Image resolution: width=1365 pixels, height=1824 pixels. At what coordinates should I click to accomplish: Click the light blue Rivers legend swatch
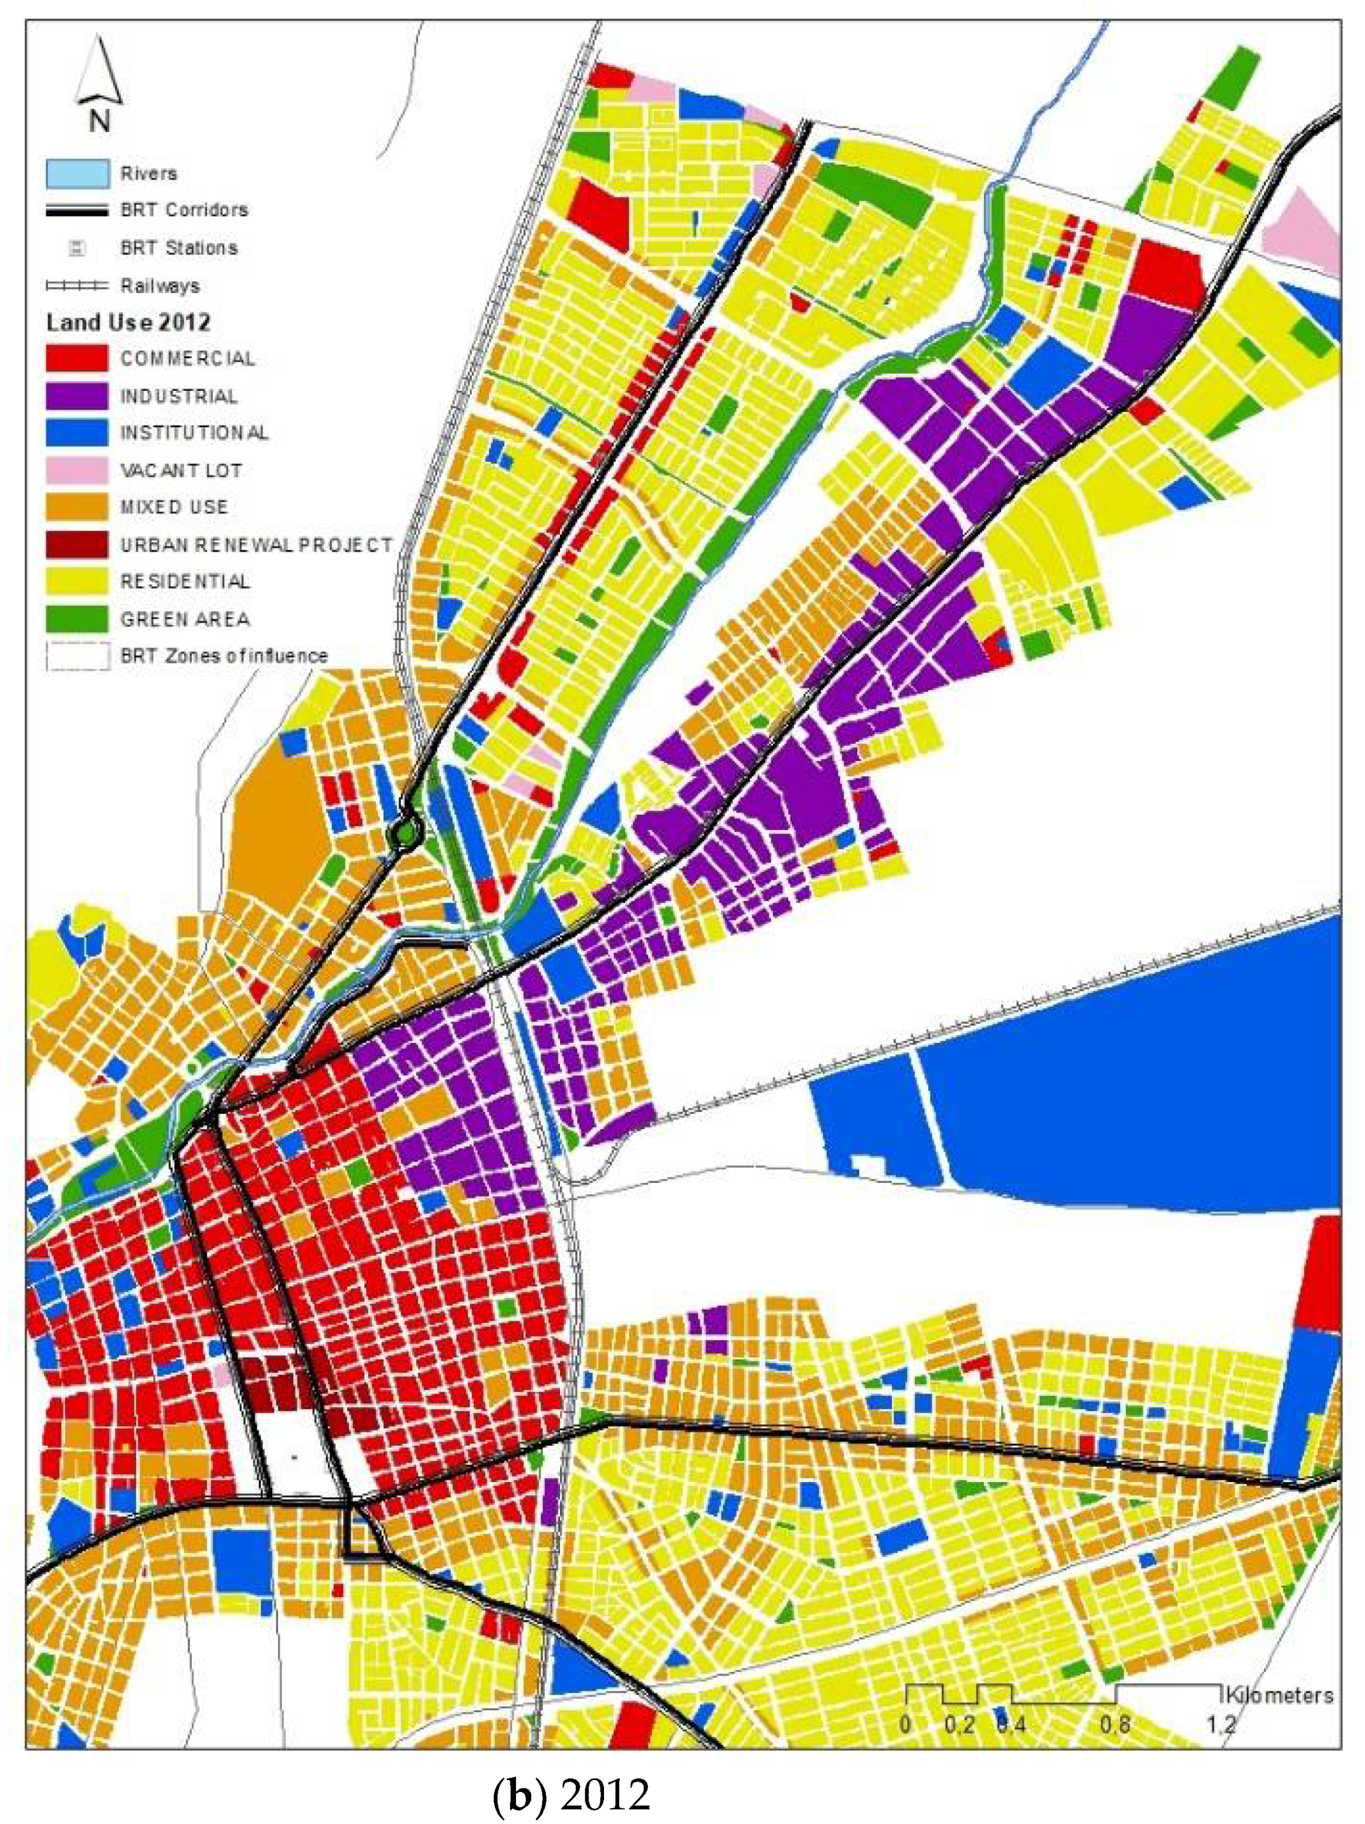(77, 173)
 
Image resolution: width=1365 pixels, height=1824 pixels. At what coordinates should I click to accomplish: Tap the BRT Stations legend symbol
(76, 247)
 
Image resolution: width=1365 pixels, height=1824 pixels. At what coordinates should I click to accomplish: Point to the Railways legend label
(160, 285)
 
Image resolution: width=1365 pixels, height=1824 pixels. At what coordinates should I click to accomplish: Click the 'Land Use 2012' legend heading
(128, 321)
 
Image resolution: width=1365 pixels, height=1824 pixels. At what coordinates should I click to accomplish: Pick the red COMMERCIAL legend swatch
(77, 358)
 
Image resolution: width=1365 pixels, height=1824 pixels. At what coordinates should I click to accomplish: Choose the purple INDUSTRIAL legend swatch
(77, 395)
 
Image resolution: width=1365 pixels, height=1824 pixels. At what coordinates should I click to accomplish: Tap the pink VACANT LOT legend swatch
(77, 470)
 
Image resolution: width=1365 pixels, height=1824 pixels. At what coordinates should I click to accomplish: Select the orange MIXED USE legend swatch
(77, 506)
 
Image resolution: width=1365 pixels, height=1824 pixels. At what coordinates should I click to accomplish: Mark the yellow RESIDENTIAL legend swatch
(77, 581)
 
